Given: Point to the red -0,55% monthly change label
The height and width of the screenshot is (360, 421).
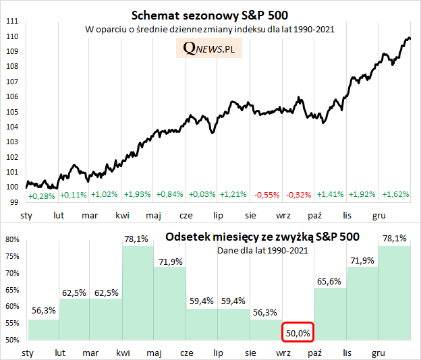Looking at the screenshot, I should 266,194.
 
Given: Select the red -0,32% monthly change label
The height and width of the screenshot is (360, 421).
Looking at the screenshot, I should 298,194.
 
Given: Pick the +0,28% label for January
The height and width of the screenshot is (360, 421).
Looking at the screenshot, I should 41,196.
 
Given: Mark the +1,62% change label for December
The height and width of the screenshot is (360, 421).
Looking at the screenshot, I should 395,194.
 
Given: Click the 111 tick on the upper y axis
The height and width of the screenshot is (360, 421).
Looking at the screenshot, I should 11,21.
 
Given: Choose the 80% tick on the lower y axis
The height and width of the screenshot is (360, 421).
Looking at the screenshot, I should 13,239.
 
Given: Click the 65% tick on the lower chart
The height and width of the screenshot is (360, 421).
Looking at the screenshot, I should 13,290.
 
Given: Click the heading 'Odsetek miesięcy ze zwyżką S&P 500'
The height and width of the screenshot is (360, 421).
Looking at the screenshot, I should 262,237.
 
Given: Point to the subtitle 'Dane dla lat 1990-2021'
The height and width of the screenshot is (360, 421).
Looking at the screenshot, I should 262,251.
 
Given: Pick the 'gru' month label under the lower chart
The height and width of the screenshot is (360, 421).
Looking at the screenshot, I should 379,353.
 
